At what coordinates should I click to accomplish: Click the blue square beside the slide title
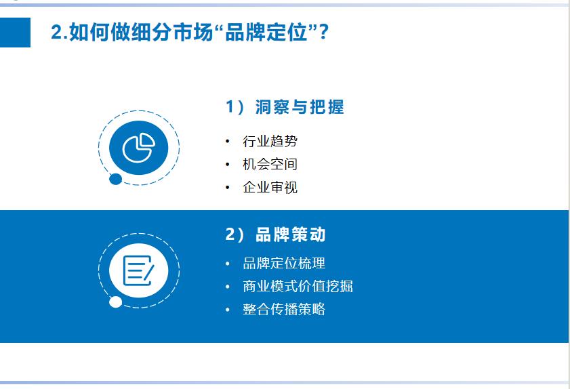(15, 33)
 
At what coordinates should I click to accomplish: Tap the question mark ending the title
(323, 32)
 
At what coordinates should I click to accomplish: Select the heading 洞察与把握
(300, 107)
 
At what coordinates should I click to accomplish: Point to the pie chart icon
(138, 148)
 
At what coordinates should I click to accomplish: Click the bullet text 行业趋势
(270, 142)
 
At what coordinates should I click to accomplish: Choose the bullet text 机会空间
(270, 165)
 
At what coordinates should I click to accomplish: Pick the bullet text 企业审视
(270, 188)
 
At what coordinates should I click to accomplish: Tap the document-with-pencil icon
(138, 270)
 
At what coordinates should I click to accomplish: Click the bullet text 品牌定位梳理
(284, 264)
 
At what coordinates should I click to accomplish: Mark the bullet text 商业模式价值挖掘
(298, 287)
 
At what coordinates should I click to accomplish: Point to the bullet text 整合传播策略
(284, 310)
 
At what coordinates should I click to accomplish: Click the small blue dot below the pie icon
(116, 180)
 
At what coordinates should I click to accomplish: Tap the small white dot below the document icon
(116, 302)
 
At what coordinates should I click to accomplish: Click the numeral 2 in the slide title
(56, 33)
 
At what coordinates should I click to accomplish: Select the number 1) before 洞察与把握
(235, 107)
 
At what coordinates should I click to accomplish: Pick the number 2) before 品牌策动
(235, 234)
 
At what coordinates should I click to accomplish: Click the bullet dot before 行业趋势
(228, 142)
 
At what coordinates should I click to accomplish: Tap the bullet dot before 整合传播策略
(228, 310)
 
